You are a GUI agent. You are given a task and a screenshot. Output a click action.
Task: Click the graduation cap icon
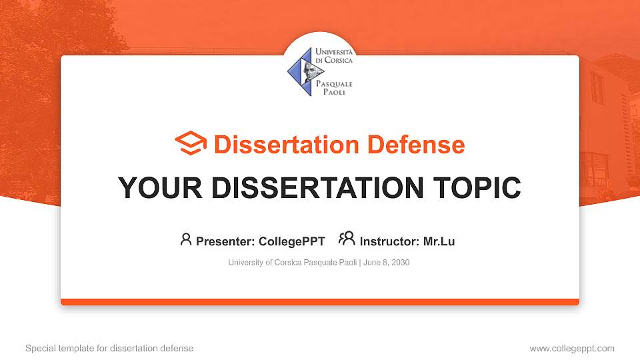click(x=191, y=143)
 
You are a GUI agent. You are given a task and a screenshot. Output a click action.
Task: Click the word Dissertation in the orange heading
click(x=287, y=145)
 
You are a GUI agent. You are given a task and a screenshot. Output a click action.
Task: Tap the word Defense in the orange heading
click(x=416, y=145)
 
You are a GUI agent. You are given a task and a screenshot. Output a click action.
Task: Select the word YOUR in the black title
click(x=160, y=188)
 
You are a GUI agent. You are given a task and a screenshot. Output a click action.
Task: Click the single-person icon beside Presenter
click(x=186, y=239)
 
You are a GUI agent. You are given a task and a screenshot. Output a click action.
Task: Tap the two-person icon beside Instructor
click(x=347, y=239)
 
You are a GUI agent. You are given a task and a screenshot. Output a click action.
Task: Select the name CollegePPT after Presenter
click(x=292, y=241)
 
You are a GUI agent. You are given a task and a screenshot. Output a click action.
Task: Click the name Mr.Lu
click(x=439, y=241)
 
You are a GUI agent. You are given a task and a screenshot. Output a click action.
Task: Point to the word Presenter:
click(x=225, y=241)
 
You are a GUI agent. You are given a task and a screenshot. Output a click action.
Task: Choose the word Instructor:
click(x=389, y=241)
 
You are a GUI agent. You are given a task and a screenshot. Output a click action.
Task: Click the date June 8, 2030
click(x=386, y=263)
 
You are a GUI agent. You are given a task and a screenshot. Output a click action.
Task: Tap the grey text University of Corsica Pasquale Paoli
click(x=293, y=263)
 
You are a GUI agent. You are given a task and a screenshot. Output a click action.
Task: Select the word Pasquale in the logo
click(x=334, y=84)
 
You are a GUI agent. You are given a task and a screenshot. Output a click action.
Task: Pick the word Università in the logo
click(x=334, y=52)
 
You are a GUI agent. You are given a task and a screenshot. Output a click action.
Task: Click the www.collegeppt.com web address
click(x=572, y=349)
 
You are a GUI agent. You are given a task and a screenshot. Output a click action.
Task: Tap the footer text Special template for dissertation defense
click(x=109, y=349)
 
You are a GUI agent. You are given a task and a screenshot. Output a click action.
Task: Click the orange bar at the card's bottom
click(x=320, y=302)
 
